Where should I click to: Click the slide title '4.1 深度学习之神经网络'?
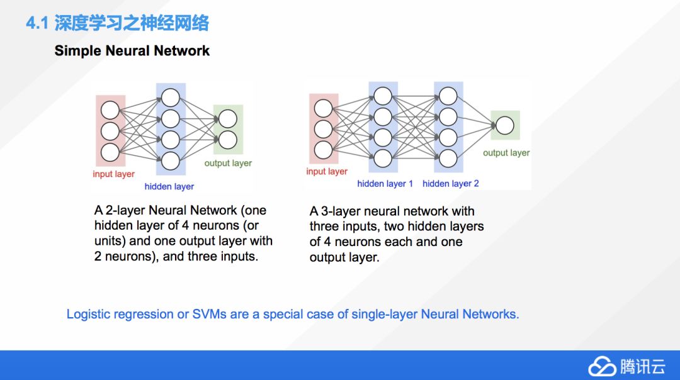tap(117, 24)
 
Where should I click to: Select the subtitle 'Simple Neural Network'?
tap(132, 51)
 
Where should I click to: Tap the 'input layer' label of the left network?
tap(113, 174)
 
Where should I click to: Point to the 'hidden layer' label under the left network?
tap(169, 186)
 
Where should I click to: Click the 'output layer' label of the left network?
tap(228, 163)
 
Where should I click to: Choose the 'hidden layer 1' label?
tap(385, 184)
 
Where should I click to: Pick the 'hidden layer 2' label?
tap(450, 184)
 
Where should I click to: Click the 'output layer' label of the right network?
tap(506, 153)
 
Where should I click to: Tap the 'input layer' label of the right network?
tap(327, 171)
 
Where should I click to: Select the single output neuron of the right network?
tap(504, 126)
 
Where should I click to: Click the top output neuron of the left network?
tap(228, 118)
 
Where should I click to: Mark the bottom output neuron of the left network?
tap(228, 139)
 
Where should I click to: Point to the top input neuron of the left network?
tap(110, 111)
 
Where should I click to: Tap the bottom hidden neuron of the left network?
tap(171, 161)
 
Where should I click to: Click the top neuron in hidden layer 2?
tap(448, 96)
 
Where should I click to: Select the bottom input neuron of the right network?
tap(323, 150)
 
